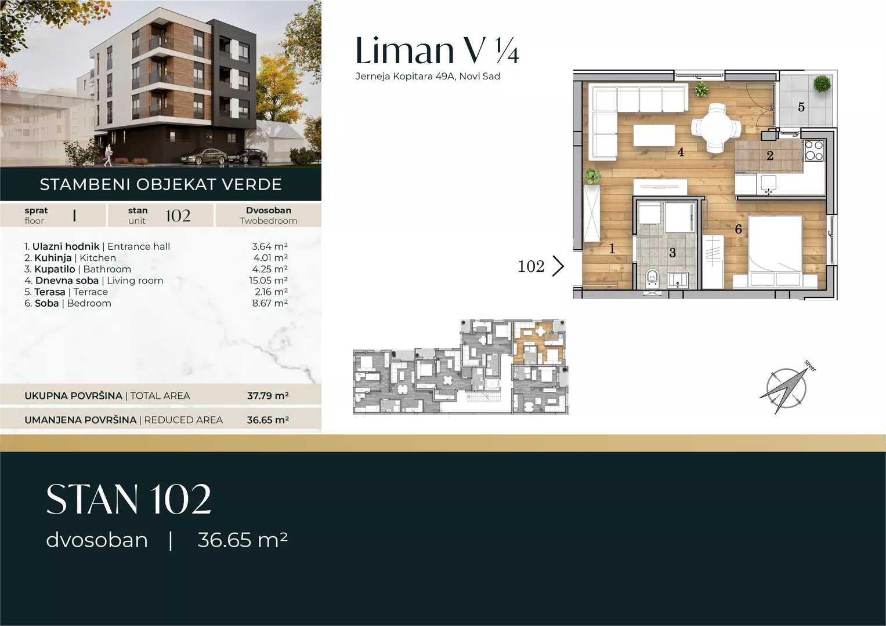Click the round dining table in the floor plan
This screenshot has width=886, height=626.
click(716, 128)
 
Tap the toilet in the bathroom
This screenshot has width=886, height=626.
click(652, 278)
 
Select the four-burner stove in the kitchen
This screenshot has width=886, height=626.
click(814, 151)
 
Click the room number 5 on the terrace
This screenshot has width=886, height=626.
click(801, 107)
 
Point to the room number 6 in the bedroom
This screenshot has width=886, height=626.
click(738, 229)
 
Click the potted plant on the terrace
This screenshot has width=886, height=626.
click(822, 83)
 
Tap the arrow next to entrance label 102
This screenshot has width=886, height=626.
click(558, 266)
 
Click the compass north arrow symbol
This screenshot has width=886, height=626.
click(785, 390)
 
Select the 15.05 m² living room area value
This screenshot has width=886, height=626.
click(268, 280)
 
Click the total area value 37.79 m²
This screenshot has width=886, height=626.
click(268, 395)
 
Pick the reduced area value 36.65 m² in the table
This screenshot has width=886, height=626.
click(268, 420)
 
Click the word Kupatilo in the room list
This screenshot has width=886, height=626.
click(55, 269)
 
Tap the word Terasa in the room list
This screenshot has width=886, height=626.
click(50, 292)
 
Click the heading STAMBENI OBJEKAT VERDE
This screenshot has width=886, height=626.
click(161, 184)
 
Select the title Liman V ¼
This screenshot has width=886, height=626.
click(437, 50)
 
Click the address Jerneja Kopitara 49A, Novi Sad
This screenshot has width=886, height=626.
click(428, 76)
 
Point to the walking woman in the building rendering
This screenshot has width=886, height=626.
click(107, 154)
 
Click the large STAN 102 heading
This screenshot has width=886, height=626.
click(129, 499)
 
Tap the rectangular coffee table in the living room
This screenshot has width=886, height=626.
click(654, 135)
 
